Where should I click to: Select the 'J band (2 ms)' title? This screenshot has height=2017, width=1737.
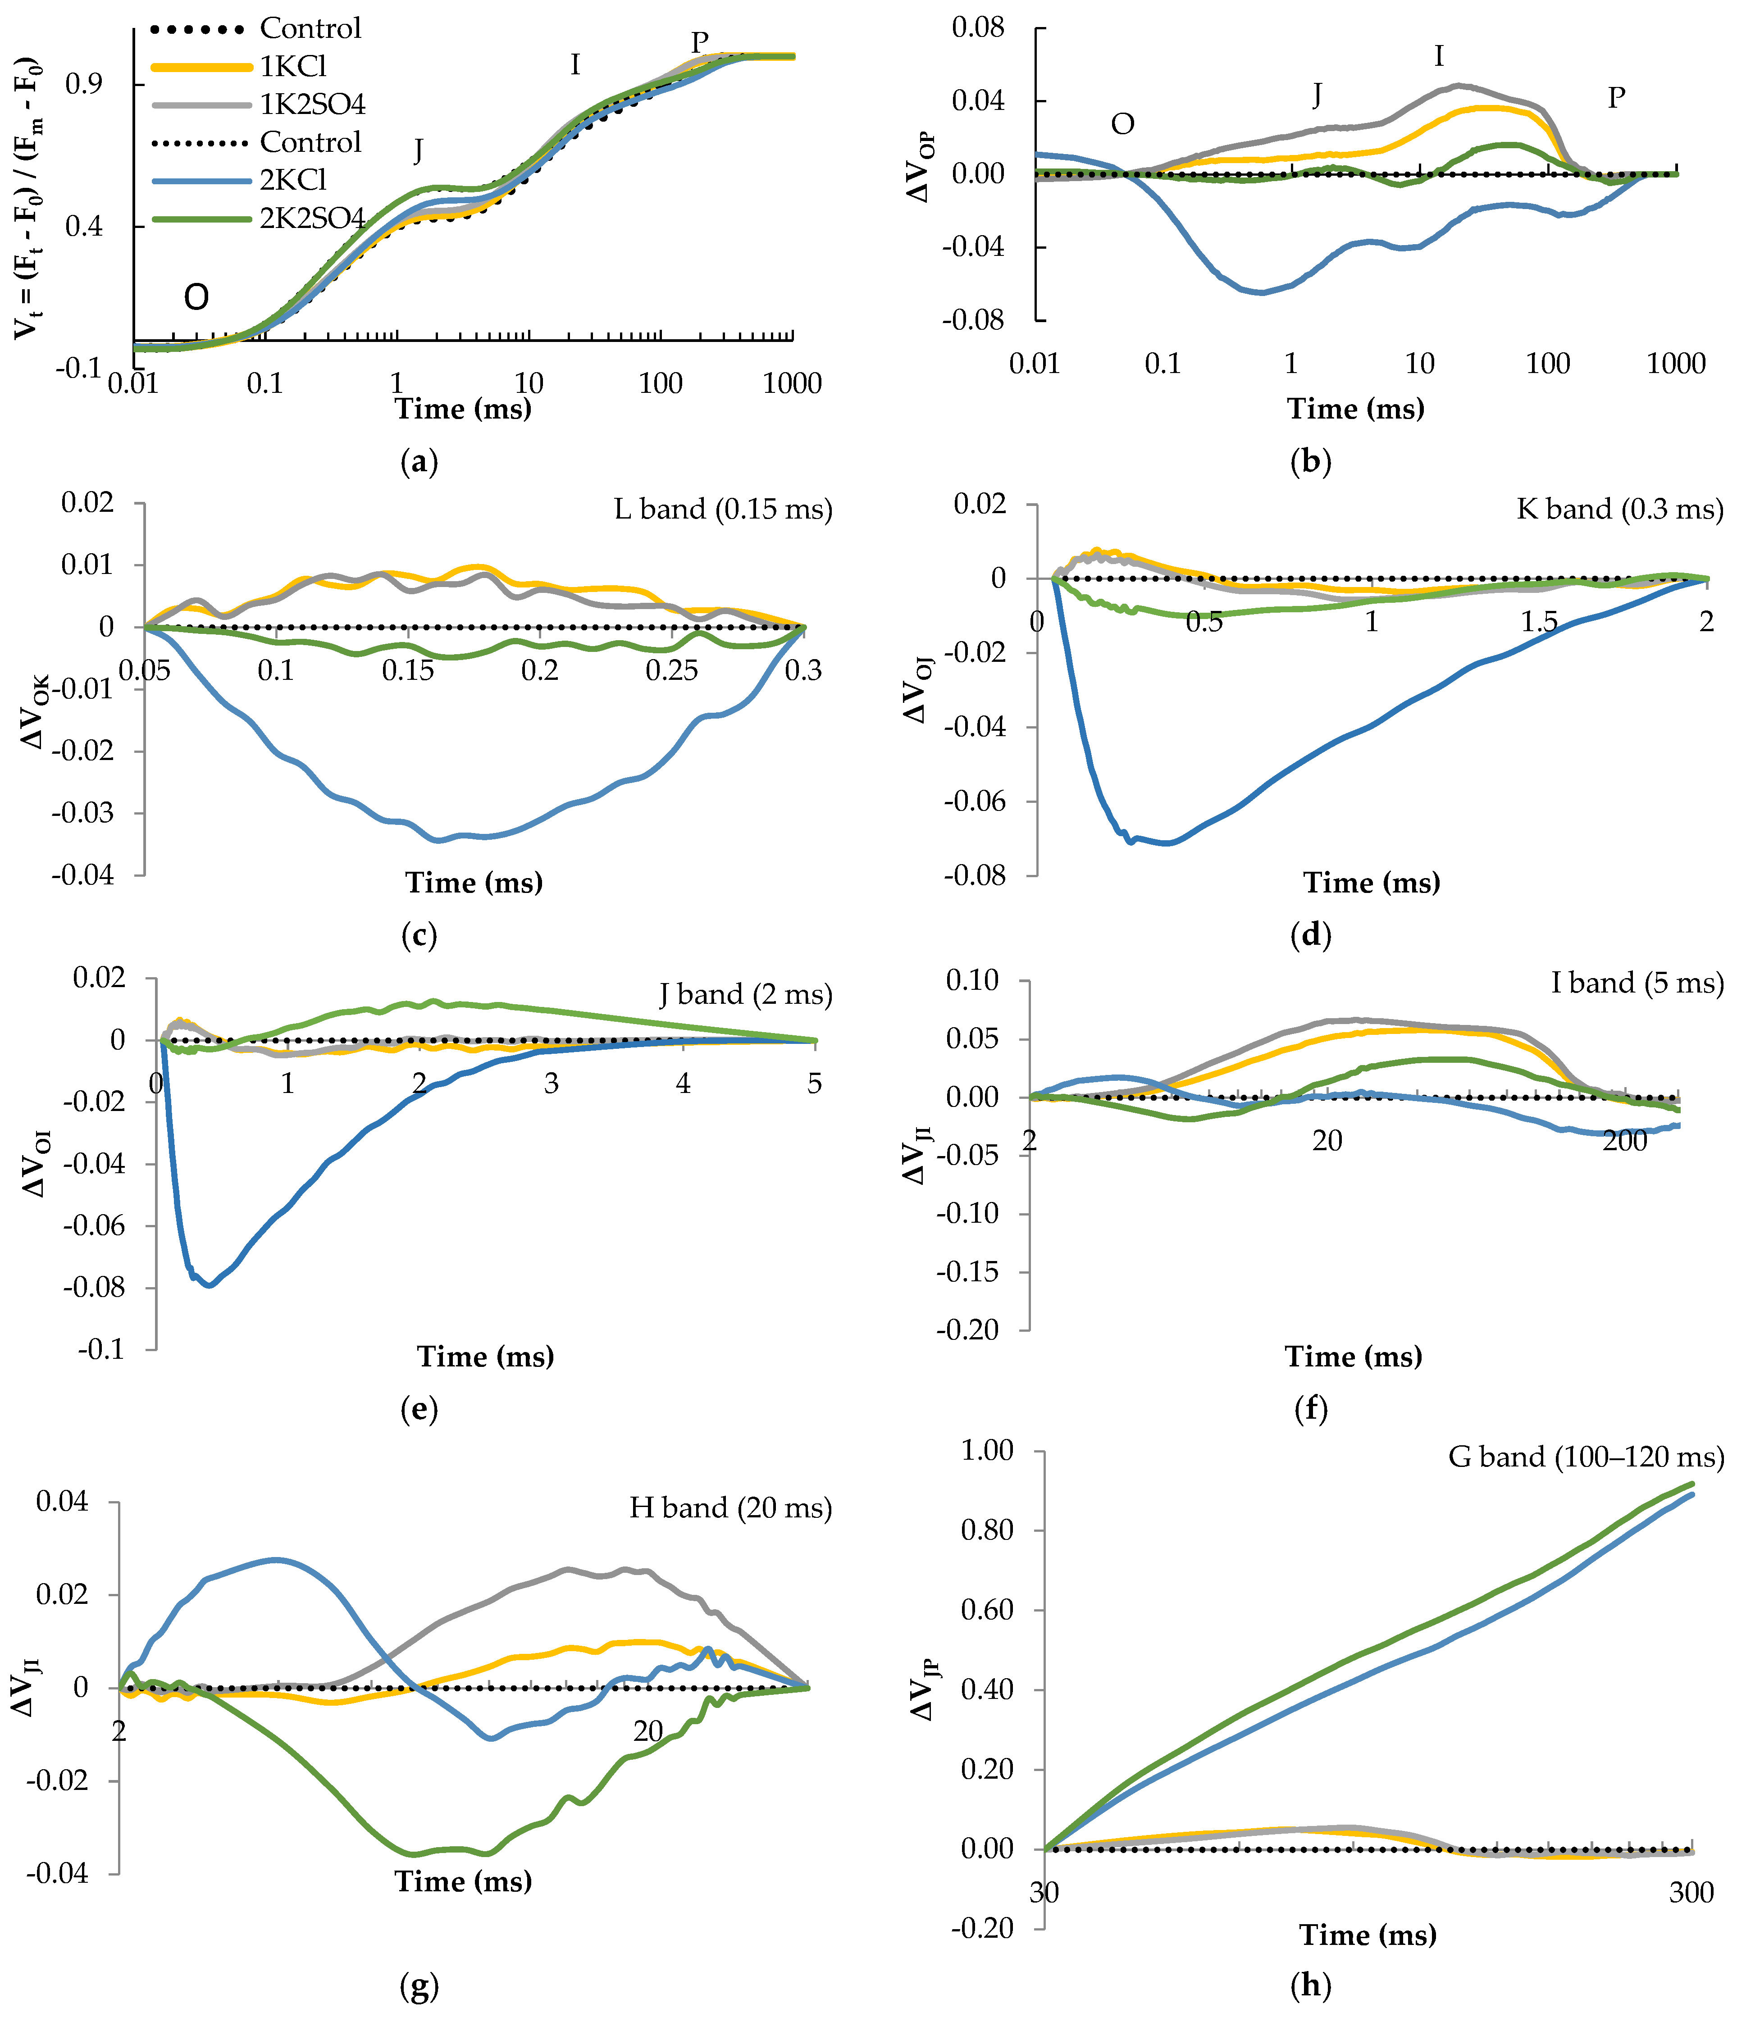745,995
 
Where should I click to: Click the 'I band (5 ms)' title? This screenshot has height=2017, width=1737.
1637,983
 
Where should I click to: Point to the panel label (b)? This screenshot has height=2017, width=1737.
1311,461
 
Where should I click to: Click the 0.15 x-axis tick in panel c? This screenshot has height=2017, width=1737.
408,671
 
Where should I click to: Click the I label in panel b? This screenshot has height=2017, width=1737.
1439,57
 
